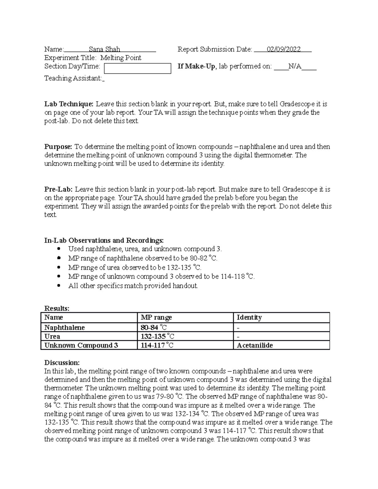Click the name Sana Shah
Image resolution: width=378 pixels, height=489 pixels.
104,49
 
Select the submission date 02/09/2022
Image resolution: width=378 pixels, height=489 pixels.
283,49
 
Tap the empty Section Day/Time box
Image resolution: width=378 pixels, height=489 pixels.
137,68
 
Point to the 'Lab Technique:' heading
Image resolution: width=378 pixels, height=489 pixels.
69,104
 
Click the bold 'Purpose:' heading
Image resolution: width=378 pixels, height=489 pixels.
58,147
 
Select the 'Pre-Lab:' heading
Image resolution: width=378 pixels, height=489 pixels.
59,190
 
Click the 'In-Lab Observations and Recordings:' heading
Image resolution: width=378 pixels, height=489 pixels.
104,241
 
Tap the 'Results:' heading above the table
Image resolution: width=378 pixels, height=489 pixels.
57,308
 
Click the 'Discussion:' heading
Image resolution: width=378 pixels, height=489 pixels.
62,362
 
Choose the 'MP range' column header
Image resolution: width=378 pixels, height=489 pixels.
156,317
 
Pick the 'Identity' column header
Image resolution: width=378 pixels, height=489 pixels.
249,317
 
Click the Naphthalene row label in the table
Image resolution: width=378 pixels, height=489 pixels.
65,327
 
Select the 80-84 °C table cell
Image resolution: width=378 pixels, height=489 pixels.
157,327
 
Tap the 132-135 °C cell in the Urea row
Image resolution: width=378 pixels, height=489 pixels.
157,336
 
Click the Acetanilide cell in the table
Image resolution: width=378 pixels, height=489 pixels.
255,345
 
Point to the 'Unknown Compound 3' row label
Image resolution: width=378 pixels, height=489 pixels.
81,345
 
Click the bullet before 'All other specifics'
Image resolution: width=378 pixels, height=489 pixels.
59,286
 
